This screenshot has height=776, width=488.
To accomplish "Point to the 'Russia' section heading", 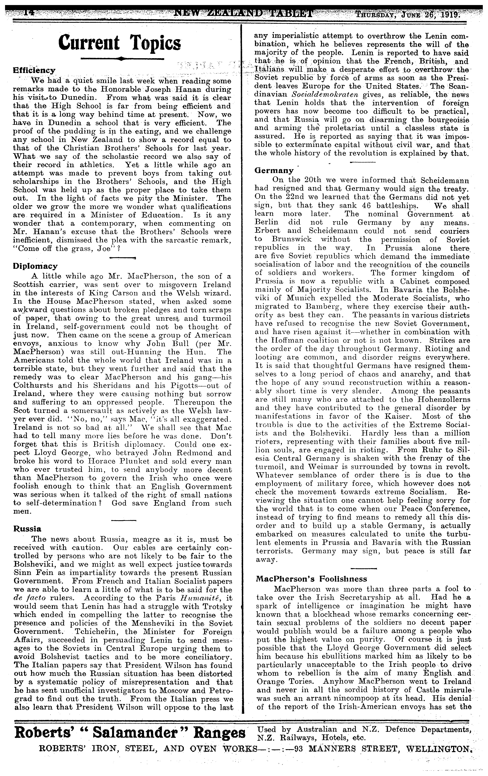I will [x=27, y=529].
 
